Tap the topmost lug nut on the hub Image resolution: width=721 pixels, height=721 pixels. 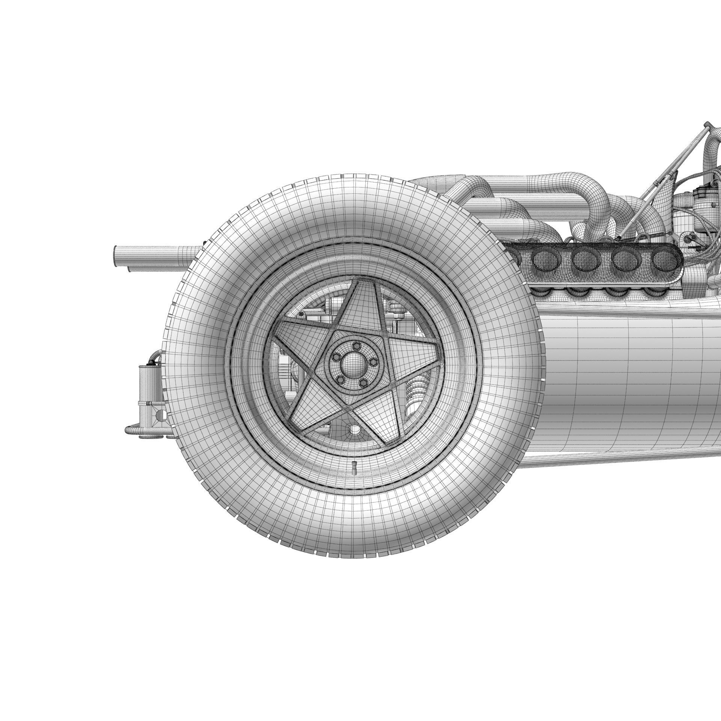coord(357,345)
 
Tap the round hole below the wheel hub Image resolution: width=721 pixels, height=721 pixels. coord(353,429)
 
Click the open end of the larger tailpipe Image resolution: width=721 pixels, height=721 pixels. coord(115,254)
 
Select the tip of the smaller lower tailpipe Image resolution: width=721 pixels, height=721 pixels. coord(130,269)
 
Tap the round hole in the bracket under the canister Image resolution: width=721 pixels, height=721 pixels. coord(160,415)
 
